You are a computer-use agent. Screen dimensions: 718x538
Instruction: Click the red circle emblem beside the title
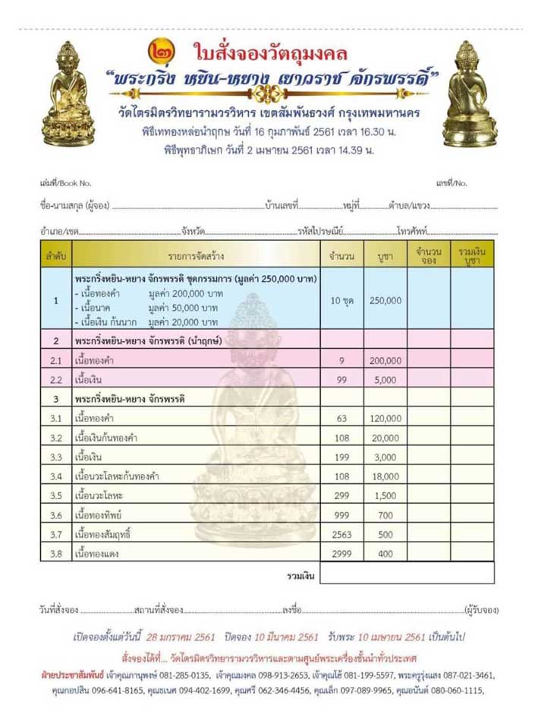pyautogui.click(x=162, y=54)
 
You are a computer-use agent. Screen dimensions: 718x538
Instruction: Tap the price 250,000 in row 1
pyautogui.click(x=385, y=300)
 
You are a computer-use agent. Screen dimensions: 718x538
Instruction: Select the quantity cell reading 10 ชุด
pyautogui.click(x=342, y=300)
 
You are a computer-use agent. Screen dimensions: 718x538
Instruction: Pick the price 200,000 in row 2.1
pyautogui.click(x=385, y=360)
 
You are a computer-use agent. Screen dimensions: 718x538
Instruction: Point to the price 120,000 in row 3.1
pyautogui.click(x=385, y=419)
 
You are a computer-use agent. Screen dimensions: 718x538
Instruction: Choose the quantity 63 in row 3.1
pyautogui.click(x=342, y=419)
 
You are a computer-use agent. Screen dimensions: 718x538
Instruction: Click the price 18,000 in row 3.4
pyautogui.click(x=385, y=476)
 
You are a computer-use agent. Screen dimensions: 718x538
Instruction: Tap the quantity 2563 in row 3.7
pyautogui.click(x=342, y=534)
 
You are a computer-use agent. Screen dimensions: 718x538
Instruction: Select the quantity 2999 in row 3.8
pyautogui.click(x=342, y=554)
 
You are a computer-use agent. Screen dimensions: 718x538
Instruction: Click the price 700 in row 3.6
pyautogui.click(x=385, y=515)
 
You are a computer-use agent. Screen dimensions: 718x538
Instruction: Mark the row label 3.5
pyautogui.click(x=55, y=496)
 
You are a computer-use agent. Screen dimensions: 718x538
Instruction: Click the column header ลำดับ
pyautogui.click(x=55, y=255)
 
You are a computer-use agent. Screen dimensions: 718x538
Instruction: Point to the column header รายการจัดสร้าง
pyautogui.click(x=196, y=255)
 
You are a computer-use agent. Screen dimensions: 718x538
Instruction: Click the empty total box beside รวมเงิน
pyautogui.click(x=407, y=574)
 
